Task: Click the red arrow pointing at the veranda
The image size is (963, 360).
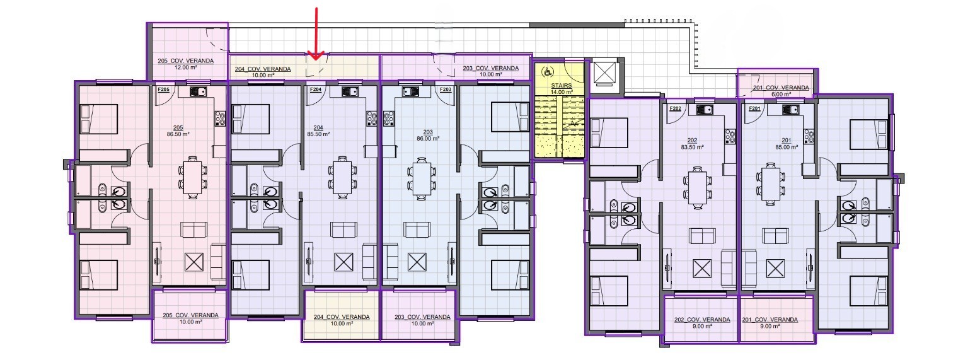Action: point(316,33)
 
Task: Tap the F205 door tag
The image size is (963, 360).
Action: point(163,90)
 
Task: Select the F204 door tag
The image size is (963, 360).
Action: point(316,90)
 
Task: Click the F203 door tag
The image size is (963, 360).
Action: point(446,90)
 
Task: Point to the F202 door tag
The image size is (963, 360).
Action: point(675,108)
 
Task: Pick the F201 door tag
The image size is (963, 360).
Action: point(754,108)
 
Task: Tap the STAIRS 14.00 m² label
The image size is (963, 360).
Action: point(562,89)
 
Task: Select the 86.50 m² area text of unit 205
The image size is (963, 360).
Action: point(178,134)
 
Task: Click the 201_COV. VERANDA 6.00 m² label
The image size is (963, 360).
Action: point(781,90)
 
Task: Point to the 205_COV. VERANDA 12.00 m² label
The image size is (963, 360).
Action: point(185,64)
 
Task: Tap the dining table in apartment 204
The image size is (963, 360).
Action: point(342,177)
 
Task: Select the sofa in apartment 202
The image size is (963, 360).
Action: point(703,236)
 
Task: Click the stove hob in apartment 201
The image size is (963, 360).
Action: point(809,136)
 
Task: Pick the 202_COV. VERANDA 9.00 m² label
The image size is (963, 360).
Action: point(702,323)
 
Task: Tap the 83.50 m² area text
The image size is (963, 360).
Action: point(692,147)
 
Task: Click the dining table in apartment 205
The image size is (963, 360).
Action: point(192,177)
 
